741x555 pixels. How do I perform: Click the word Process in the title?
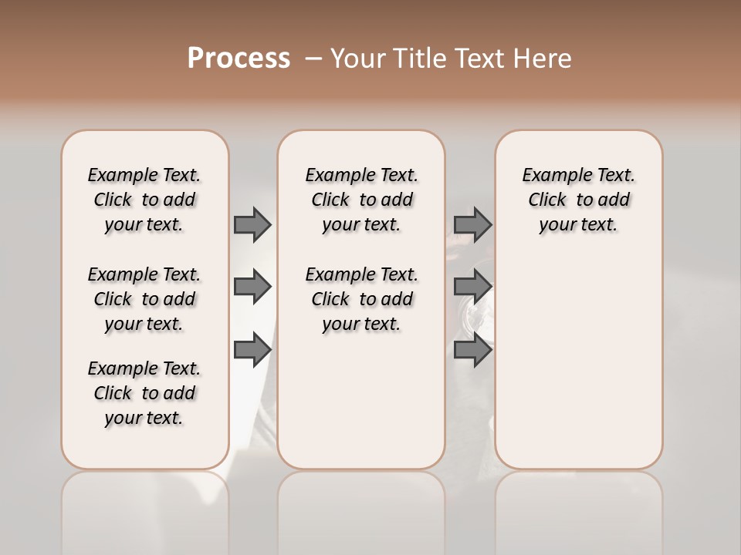tap(239, 58)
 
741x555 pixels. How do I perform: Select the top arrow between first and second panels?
tap(252, 224)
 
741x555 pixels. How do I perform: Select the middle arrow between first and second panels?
tap(252, 287)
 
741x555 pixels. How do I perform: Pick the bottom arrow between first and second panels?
tap(252, 350)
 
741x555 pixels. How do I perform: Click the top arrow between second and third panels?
tap(472, 224)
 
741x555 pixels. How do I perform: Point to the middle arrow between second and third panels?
tap(472, 287)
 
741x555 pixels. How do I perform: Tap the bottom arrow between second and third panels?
tap(472, 350)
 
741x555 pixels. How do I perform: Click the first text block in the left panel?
tap(144, 200)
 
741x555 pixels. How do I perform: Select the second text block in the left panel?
tap(144, 299)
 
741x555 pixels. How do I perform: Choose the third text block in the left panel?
tap(144, 393)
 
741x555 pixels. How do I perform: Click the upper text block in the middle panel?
tap(361, 200)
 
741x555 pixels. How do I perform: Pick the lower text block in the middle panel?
tap(361, 299)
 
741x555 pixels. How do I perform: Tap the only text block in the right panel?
tap(578, 200)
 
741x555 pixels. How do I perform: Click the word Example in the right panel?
tap(551, 176)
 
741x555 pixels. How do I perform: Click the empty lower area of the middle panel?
tap(361, 401)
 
